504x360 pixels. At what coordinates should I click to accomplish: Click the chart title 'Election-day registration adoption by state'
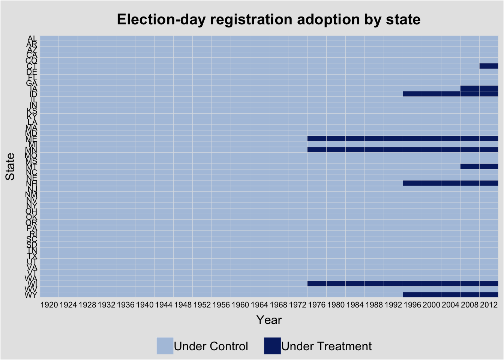point(268,19)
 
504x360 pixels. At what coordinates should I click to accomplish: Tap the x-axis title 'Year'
point(269,320)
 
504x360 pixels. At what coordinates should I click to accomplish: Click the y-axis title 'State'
point(10,166)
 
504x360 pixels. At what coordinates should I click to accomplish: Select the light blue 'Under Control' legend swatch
point(165,346)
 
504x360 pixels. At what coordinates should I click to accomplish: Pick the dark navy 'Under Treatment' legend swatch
point(272,346)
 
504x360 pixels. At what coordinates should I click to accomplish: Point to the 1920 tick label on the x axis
point(49,304)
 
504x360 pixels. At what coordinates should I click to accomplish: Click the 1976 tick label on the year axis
point(316,304)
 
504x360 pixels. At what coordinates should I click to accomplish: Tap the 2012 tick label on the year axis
point(489,304)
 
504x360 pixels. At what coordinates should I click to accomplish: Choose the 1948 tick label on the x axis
point(183,304)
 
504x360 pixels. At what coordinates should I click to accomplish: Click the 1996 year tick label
point(412,304)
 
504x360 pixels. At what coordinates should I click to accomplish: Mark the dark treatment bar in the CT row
point(489,66)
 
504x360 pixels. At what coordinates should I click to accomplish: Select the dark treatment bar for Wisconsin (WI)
point(402,283)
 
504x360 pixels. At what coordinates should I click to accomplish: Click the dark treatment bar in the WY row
point(450,295)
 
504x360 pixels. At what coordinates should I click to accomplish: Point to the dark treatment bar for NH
point(450,183)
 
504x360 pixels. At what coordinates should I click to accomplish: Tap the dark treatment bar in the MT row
point(479,166)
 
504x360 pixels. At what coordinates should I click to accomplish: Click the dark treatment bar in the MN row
point(402,150)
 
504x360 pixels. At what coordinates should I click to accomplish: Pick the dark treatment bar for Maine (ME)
point(402,138)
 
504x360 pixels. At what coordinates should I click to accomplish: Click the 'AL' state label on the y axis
point(32,38)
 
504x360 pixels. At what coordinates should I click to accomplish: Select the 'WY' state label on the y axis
point(31,295)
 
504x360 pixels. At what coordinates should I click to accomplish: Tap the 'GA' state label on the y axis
point(31,83)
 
